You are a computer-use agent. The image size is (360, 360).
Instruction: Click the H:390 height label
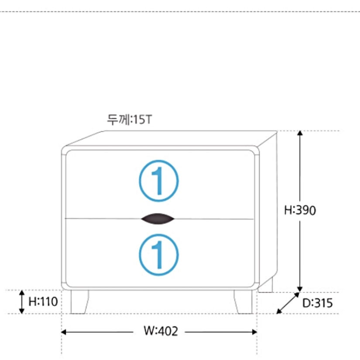[x=300, y=210]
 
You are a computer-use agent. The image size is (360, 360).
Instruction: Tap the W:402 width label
[x=161, y=331]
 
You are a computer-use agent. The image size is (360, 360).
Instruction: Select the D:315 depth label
[x=318, y=303]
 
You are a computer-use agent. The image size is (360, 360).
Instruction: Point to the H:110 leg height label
[x=43, y=302]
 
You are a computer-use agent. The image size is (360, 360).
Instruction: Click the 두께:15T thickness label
[x=129, y=120]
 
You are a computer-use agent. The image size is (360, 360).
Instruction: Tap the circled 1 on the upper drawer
[x=159, y=181]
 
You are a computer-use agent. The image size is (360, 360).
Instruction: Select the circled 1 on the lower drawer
[x=159, y=255]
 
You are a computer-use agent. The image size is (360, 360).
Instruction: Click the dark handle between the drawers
[x=158, y=219]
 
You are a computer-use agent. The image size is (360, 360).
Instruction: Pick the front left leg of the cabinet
[x=79, y=302]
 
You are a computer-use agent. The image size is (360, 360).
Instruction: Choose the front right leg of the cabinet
[x=243, y=302]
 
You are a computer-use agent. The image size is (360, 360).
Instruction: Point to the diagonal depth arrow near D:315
[x=288, y=303]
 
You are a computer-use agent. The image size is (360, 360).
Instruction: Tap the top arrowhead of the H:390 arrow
[x=300, y=133]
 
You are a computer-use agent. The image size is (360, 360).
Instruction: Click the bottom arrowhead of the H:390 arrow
[x=300, y=289]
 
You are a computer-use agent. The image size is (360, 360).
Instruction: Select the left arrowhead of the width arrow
[x=64, y=332]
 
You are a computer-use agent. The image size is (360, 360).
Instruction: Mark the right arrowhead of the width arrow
[x=254, y=332]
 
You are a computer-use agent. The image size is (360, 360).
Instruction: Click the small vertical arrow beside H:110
[x=21, y=302]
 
